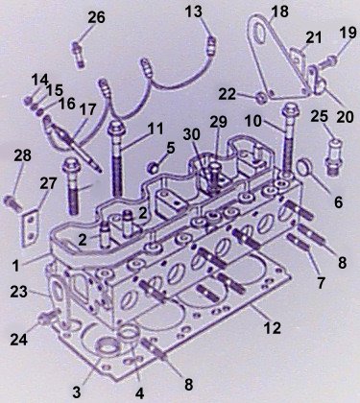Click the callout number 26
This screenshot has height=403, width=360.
tap(96, 17)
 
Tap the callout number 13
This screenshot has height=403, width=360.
tap(194, 12)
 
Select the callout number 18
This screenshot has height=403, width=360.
tap(279, 12)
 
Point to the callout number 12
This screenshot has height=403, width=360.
tap(272, 327)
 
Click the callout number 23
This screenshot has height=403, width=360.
tap(18, 292)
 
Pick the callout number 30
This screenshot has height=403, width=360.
tap(192, 134)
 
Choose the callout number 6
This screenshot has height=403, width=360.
tap(338, 202)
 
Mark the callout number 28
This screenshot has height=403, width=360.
tap(22, 155)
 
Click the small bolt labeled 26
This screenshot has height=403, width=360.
tap(78, 54)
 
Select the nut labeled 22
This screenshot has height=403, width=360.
tap(261, 99)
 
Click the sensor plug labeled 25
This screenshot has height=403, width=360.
tap(332, 155)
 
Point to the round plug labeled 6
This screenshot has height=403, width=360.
tap(305, 168)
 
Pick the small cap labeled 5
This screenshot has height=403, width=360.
tap(154, 168)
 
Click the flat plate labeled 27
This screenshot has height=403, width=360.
tap(30, 226)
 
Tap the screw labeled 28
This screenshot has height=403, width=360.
tap(12, 203)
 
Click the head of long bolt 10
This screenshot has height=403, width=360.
tap(290, 110)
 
